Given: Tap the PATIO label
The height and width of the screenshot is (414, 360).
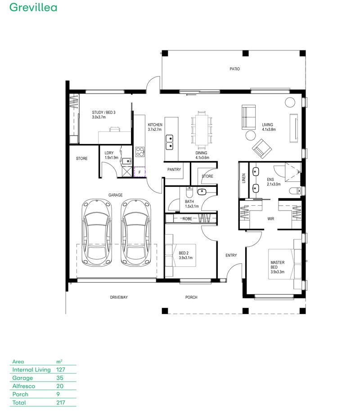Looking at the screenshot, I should [234, 69].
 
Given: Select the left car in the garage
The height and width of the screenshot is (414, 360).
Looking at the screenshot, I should [96, 233].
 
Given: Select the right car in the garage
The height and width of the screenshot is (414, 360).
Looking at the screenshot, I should [135, 233].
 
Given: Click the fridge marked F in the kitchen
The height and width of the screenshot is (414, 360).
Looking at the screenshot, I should [139, 172].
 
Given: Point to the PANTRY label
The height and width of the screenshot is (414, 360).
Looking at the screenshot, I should [174, 170].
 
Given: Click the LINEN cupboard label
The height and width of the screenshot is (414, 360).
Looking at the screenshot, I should [243, 179].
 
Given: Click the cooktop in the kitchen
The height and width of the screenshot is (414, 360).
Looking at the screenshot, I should [140, 152].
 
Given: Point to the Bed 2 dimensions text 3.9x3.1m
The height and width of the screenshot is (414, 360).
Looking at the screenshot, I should [185, 258].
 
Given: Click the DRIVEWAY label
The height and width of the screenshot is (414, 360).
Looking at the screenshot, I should [119, 297].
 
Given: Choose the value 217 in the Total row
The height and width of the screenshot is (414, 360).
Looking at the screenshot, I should [60, 403].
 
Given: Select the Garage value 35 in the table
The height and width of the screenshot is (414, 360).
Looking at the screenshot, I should [59, 378].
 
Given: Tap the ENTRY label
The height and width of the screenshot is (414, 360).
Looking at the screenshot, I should [231, 256].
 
